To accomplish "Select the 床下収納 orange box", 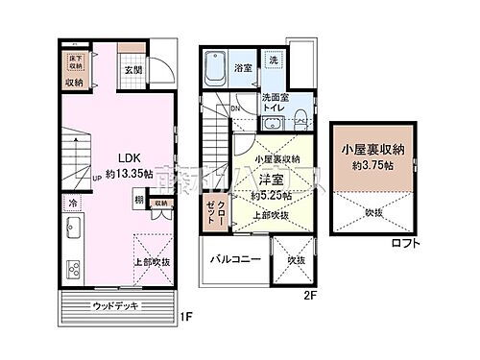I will [x=74, y=64].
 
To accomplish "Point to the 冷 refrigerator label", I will [x=71, y=204].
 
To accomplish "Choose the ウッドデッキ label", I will [x=116, y=306].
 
